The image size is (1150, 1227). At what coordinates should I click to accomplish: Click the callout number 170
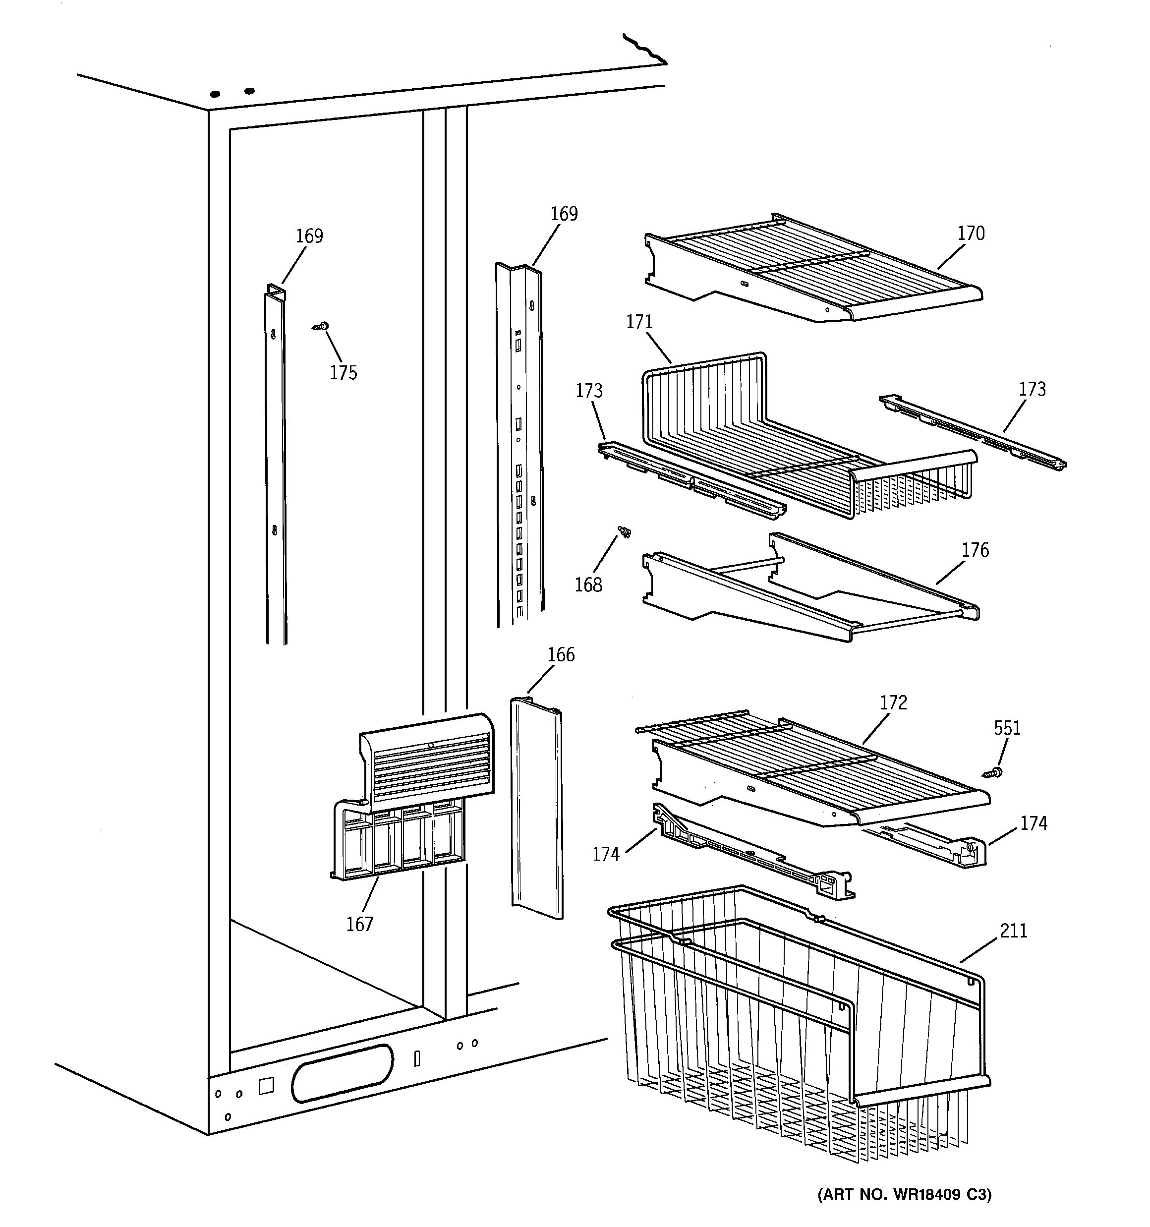coord(971,234)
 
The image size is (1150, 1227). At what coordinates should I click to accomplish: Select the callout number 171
coord(639,322)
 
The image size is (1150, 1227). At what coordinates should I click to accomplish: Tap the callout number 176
coord(975,550)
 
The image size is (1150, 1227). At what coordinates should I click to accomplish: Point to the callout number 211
coord(1014,930)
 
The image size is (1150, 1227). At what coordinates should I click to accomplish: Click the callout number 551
coord(1007,728)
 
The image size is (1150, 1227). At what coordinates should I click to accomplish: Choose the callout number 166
coord(561,654)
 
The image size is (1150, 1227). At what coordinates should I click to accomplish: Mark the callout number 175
coord(343,373)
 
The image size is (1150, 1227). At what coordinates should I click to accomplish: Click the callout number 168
coord(588,585)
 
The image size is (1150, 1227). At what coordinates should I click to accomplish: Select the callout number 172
coord(893,702)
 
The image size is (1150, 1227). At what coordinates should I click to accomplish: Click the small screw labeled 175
coord(321,326)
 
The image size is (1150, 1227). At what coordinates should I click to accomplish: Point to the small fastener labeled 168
coord(624,531)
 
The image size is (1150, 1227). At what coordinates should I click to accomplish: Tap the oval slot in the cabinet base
coord(342,1073)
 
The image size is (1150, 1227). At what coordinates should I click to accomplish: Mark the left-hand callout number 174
coord(606,854)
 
